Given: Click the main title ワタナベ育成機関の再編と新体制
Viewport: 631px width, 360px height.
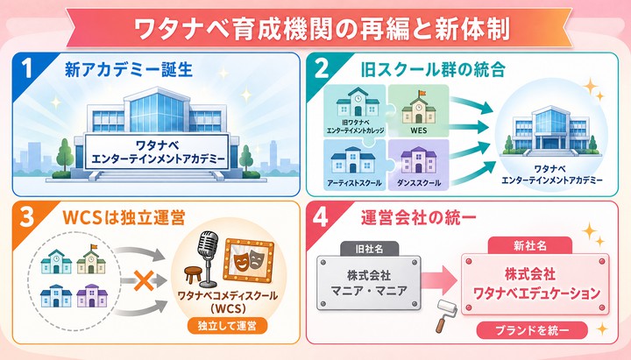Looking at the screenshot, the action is tap(322, 28).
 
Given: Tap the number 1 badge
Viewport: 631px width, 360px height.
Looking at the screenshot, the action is tap(26, 68).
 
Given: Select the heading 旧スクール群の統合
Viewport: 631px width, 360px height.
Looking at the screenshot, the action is tap(433, 69).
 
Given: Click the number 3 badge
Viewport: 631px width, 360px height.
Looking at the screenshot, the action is tap(27, 217).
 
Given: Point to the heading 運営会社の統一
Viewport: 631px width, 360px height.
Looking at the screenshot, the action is tap(419, 218).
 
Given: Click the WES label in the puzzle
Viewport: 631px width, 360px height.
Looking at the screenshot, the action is tap(419, 131).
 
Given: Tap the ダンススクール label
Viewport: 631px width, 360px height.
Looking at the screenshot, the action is tap(419, 183).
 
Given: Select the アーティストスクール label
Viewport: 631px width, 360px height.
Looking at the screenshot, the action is tap(355, 183).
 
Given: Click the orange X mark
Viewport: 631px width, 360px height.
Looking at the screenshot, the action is tap(144, 280).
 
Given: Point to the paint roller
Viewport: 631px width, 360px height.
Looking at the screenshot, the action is tap(446, 315).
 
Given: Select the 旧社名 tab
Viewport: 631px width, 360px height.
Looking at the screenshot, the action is tap(369, 249).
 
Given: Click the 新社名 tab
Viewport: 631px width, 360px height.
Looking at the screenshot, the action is tap(530, 246).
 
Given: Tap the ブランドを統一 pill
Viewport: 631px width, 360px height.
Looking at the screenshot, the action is tap(532, 330).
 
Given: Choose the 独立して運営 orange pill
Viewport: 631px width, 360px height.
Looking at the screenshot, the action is tap(227, 326).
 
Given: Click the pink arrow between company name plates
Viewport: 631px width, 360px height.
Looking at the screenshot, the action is tap(439, 280).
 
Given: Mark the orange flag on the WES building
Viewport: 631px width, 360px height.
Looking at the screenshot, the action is tap(422, 94).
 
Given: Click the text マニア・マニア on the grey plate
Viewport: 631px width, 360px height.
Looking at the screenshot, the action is tap(369, 291).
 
